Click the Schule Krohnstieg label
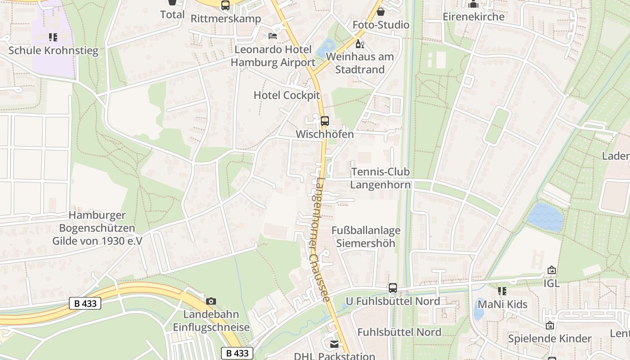coord(53,50)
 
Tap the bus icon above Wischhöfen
coord(325,121)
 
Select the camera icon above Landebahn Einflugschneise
coord(211,301)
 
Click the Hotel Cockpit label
coord(287,95)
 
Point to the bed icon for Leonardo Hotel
coord(273,36)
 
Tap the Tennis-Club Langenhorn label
coord(380,178)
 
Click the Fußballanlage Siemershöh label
coord(366,237)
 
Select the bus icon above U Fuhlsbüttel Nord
coord(393,288)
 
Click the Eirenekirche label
coord(473,17)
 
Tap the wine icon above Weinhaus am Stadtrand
coord(360,44)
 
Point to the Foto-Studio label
coord(381,25)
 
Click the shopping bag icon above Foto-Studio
coord(381,12)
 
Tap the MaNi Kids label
coord(502,304)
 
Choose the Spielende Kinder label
coord(549,338)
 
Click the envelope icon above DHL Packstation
coord(334,344)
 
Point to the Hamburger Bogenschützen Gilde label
coord(97,228)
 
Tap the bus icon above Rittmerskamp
coord(225,5)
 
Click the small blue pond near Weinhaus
coord(327,48)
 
